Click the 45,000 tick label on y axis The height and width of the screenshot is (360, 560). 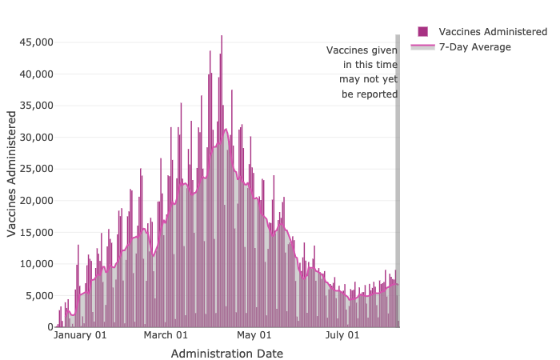click(35, 42)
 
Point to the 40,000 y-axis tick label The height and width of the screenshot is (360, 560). click(35, 74)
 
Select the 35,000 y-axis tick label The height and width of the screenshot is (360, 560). click(35, 105)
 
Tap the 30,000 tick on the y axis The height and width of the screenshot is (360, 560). click(35, 137)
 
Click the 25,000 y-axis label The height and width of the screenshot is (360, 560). click(35, 169)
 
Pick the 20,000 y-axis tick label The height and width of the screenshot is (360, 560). click(35, 200)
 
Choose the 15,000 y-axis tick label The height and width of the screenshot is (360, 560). click(35, 232)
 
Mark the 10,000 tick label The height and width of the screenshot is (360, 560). click(35, 263)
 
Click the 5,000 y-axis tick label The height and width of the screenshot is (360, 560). click(38, 295)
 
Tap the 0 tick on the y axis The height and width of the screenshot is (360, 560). click(49, 327)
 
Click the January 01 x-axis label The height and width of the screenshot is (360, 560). click(80, 336)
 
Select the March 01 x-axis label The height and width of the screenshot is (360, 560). click(166, 336)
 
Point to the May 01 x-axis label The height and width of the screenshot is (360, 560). click(254, 336)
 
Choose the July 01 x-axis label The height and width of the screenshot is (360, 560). click(343, 336)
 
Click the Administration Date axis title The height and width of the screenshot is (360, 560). click(227, 353)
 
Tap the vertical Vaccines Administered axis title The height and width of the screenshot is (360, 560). click(12, 174)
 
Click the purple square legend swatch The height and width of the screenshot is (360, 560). click(422, 31)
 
